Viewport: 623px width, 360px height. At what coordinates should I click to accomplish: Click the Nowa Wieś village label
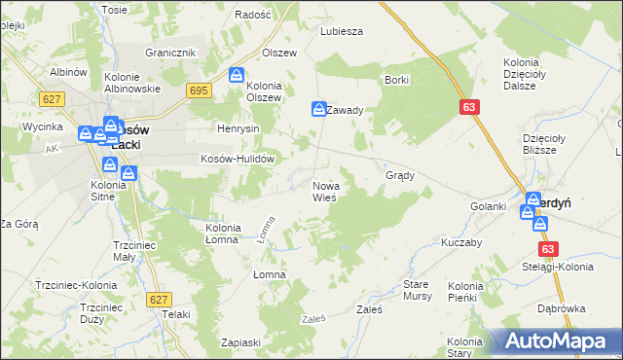point(324,191)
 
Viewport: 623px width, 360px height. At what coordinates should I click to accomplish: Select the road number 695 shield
point(200,90)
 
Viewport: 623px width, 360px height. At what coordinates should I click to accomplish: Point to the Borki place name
point(396,80)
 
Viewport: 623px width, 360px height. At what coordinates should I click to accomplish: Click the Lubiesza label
point(342,30)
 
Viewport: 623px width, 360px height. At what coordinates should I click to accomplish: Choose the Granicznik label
point(171,53)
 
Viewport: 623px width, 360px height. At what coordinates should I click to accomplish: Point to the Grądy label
point(401,176)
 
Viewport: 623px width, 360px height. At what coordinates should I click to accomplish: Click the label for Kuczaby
point(462,242)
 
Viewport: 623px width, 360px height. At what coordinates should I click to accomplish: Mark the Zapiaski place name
point(240,342)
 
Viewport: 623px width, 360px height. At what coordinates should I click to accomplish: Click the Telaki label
point(176,314)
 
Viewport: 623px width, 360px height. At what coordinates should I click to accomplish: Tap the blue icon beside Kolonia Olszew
point(237,75)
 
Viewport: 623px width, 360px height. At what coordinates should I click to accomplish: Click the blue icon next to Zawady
point(318,110)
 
